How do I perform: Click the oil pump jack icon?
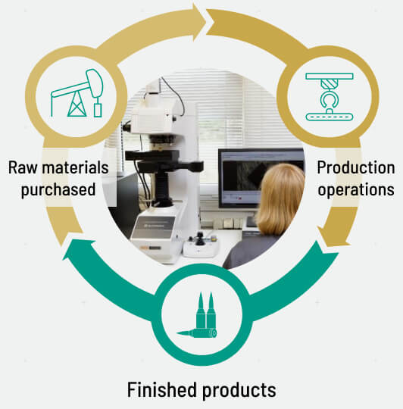[x=77, y=93]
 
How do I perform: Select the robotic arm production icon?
[x=330, y=97]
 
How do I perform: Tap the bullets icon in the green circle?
[x=200, y=315]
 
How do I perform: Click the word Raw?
[x=23, y=167]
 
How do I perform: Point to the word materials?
[x=76, y=167]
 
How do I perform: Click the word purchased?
[x=58, y=189]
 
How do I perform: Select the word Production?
[x=356, y=167]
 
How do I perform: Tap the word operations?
[x=356, y=189]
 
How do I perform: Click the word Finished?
[x=162, y=389]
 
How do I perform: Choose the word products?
[x=239, y=390]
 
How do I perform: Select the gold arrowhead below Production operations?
[x=333, y=236]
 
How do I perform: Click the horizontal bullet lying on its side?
[x=196, y=333]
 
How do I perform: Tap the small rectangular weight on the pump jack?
[x=98, y=110]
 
